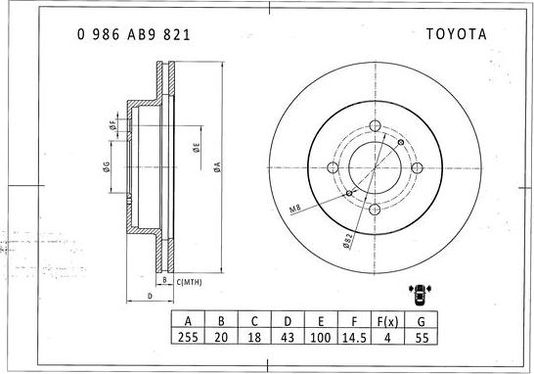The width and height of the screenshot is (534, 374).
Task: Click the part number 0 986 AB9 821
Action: coord(133,35)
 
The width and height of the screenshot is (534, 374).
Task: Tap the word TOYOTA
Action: coord(457,34)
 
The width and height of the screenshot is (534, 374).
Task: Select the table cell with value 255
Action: coord(188,337)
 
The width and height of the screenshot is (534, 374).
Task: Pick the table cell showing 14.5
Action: coord(354,337)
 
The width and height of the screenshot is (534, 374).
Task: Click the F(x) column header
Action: coord(387,320)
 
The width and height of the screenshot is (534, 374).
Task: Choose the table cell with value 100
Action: coord(321,337)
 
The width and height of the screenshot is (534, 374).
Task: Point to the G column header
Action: coord(421,320)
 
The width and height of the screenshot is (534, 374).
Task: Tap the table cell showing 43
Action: coord(288,337)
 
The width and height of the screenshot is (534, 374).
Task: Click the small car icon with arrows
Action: coord(421,294)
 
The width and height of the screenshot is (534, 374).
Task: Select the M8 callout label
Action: coord(295,209)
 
